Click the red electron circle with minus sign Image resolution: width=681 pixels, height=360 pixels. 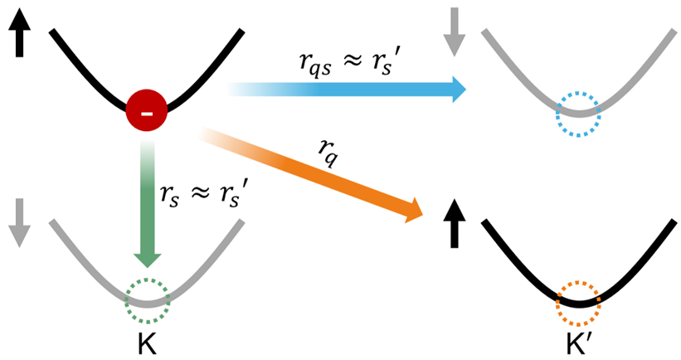(x=146, y=110)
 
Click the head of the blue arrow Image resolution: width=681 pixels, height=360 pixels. (x=459, y=90)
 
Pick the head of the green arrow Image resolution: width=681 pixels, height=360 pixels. (x=147, y=260)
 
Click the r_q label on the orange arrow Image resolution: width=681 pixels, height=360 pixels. (x=328, y=152)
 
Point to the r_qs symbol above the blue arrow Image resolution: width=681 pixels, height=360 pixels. (x=316, y=66)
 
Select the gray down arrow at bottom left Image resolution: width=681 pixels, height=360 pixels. (x=20, y=223)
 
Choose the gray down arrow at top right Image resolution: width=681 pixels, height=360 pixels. (x=455, y=32)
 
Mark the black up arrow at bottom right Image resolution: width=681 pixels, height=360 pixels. (x=455, y=224)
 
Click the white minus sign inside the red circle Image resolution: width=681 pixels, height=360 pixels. (x=147, y=114)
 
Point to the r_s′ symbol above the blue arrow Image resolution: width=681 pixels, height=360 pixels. (x=383, y=64)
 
